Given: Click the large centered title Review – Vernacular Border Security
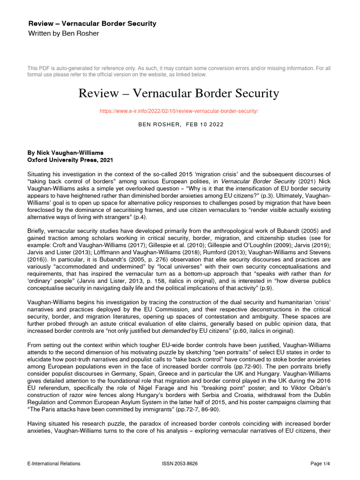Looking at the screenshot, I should click(x=178, y=94).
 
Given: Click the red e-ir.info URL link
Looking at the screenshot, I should click(x=178, y=111).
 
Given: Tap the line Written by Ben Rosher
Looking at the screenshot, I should click(x=64, y=33).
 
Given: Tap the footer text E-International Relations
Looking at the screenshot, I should click(x=54, y=464).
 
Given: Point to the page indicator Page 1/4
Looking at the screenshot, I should click(x=321, y=464).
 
